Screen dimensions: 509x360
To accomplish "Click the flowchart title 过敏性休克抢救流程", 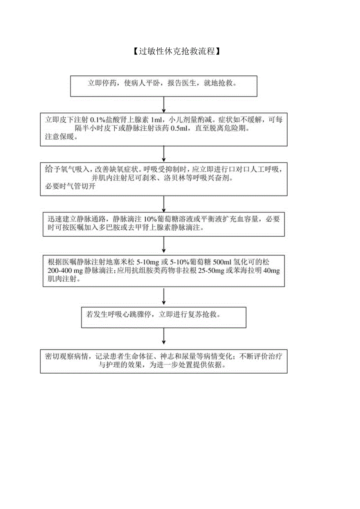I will (x=175, y=51).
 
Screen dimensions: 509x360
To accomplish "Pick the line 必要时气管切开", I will (x=70, y=187).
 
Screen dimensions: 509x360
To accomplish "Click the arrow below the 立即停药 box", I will (x=164, y=104).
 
